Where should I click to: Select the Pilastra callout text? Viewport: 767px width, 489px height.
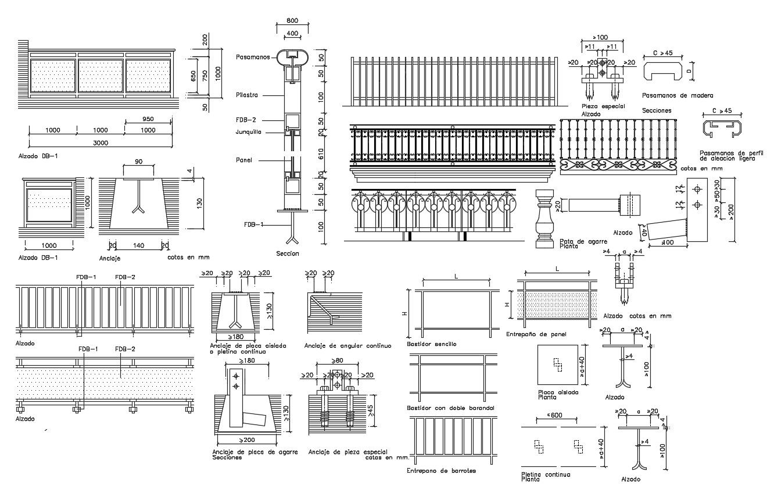[x=247, y=94]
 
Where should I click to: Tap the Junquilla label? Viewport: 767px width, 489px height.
[x=249, y=132]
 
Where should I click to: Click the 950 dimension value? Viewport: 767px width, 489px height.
[x=148, y=119]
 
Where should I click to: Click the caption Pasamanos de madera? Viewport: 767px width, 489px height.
[x=678, y=95]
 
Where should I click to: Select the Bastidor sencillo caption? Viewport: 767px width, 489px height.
[x=432, y=344]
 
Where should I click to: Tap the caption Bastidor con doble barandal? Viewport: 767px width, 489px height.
[x=451, y=408]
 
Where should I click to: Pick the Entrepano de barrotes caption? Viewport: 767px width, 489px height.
[x=442, y=470]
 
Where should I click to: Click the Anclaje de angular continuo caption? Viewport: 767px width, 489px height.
[x=347, y=345]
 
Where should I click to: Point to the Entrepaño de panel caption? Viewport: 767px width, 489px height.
[x=536, y=334]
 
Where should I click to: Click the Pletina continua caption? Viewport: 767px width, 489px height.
[x=546, y=474]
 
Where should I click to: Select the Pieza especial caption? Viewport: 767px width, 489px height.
[x=603, y=106]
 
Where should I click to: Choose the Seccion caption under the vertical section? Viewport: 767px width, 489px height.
[x=288, y=254]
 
